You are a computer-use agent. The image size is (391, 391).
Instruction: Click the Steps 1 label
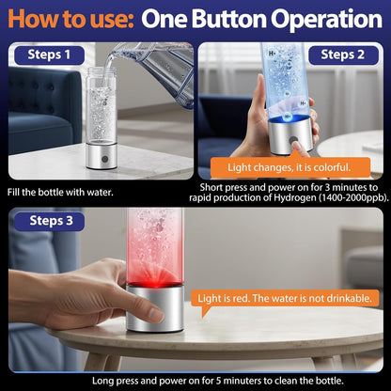[50, 55]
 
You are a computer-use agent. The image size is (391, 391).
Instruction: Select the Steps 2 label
[341, 55]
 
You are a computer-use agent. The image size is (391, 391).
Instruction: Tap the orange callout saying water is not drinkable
[287, 298]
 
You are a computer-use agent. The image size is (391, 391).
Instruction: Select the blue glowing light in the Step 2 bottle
[280, 123]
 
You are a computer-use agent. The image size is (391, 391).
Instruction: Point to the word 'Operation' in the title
[319, 19]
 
